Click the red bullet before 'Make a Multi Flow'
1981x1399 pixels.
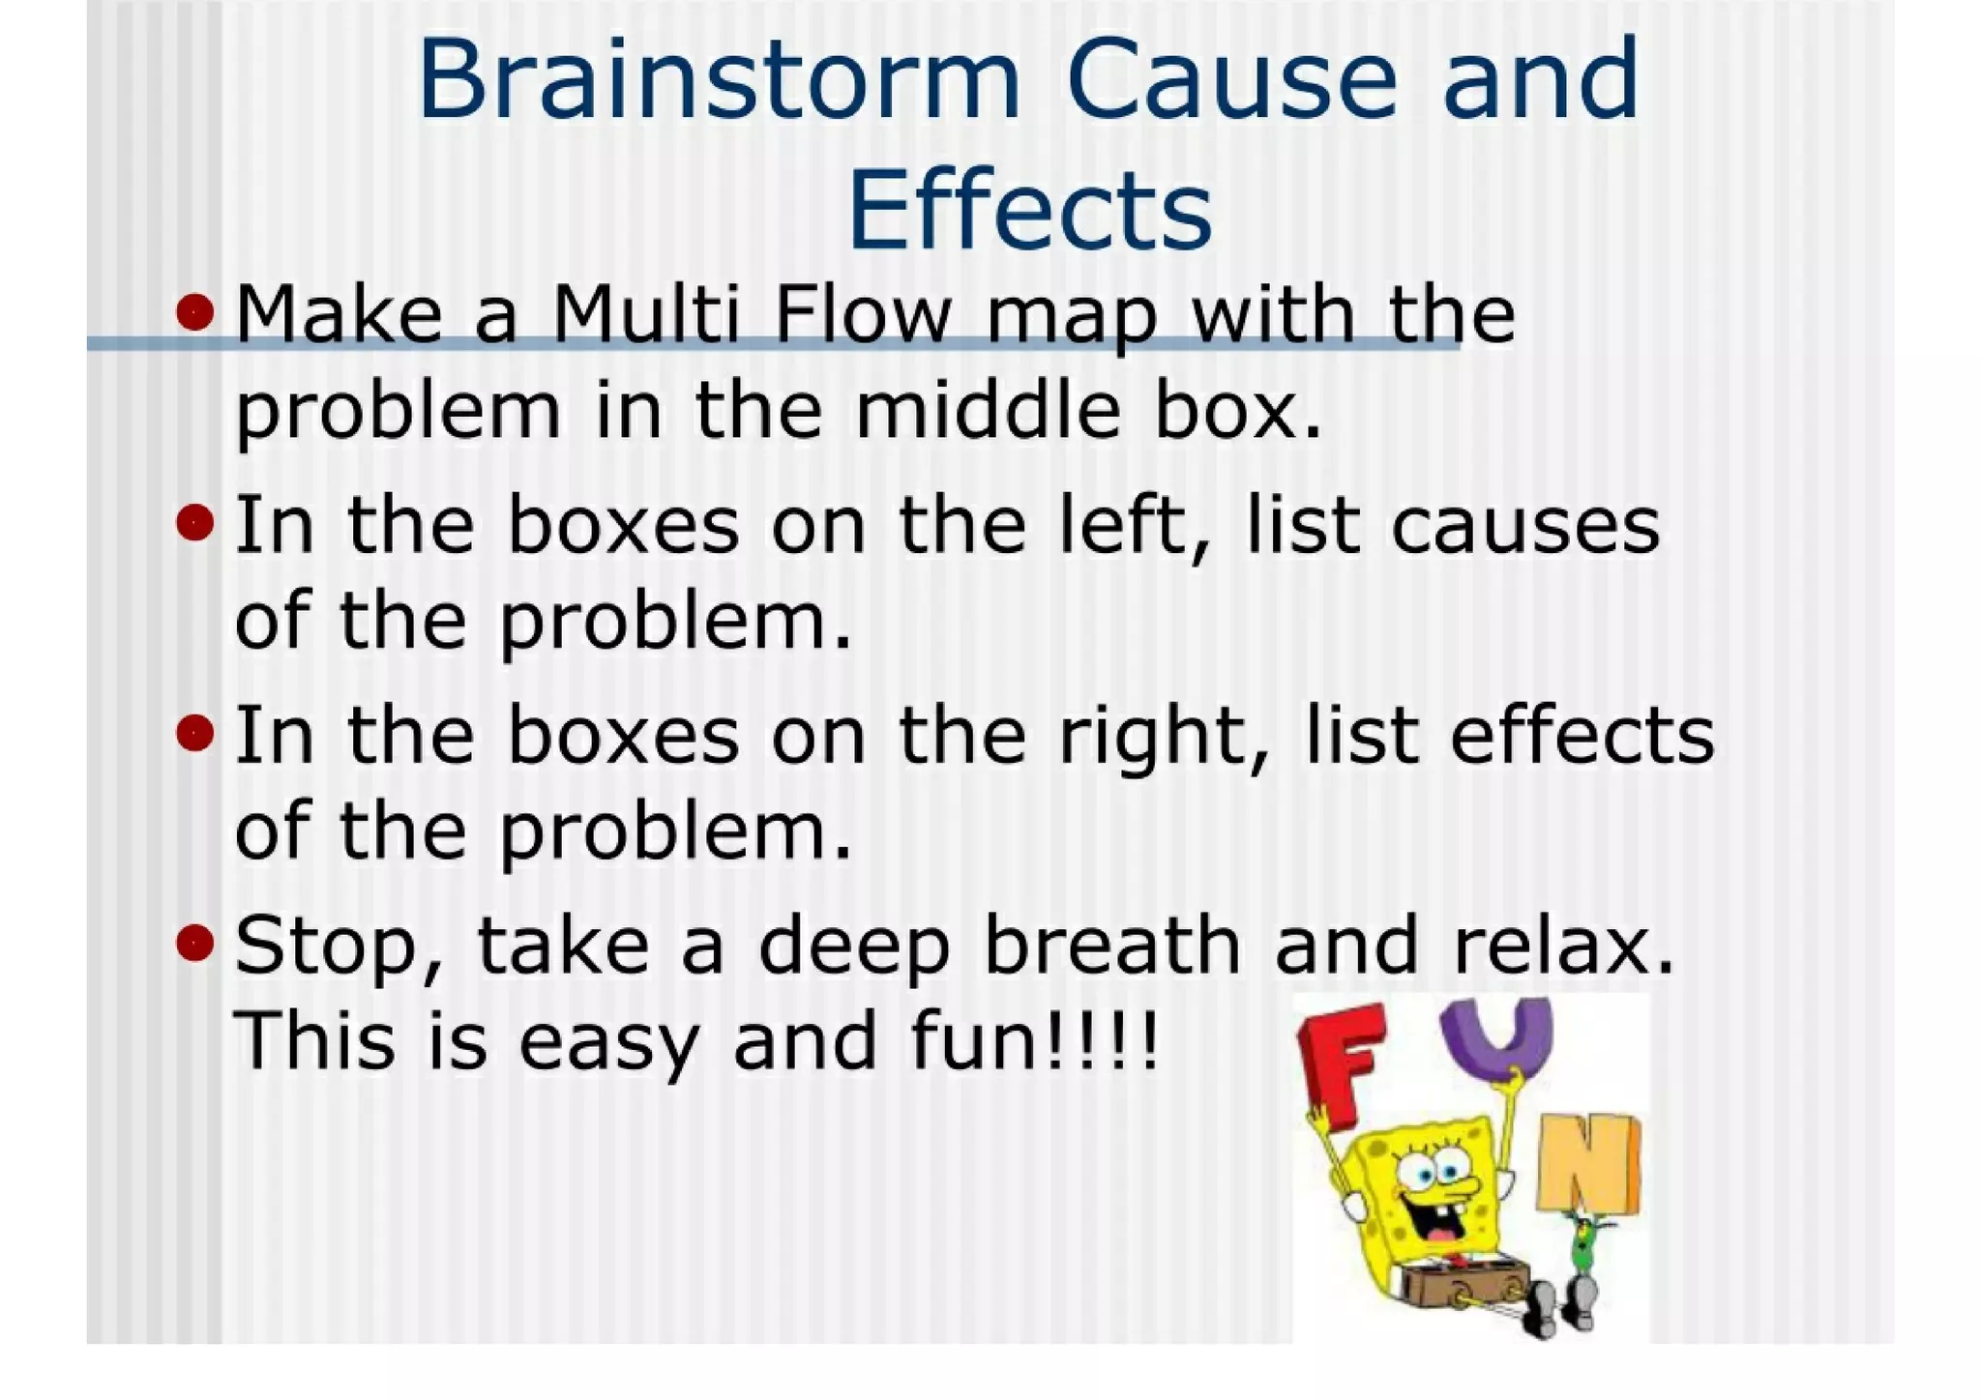(x=195, y=312)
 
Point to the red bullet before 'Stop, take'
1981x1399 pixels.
(x=195, y=942)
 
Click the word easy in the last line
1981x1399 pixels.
(x=608, y=1044)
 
